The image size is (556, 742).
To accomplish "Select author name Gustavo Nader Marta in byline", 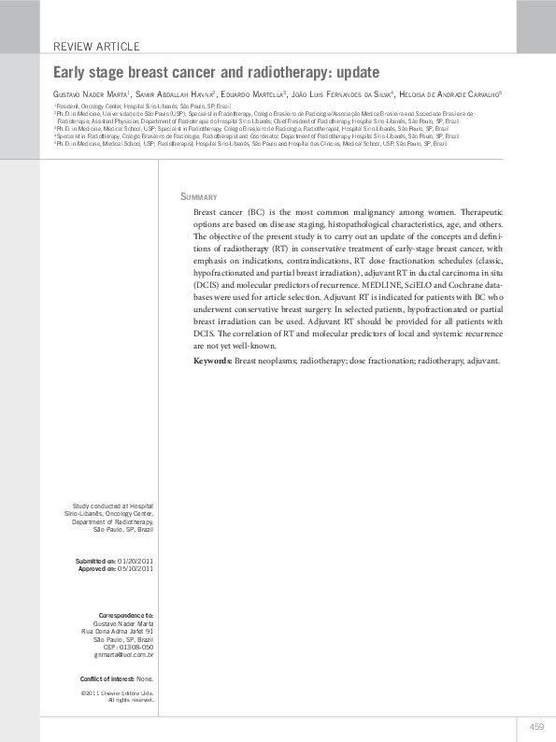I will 91,94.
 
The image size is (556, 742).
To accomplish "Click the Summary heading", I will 198,197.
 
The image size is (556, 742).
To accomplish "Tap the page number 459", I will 536,726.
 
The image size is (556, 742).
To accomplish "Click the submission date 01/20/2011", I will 136,560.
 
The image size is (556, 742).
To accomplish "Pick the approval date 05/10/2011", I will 136,568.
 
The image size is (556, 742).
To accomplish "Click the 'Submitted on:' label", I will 96,560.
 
